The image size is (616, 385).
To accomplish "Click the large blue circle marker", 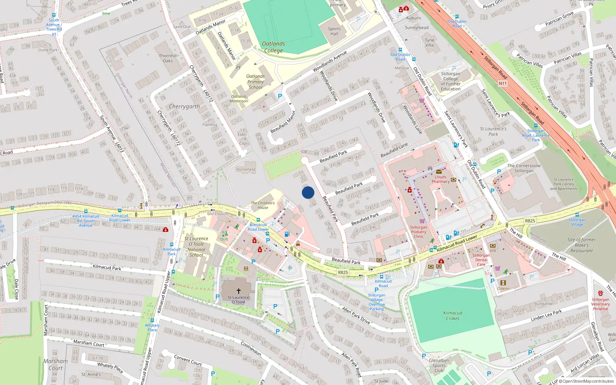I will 308,192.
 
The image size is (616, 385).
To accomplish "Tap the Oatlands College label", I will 273,47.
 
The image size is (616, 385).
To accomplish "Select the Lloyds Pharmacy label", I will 440,179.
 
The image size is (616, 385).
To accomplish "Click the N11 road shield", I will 502,83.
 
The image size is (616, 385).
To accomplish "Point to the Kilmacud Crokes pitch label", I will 452,316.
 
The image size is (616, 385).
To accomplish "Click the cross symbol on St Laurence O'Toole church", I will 239,291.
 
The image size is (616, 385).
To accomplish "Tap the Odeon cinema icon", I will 503,283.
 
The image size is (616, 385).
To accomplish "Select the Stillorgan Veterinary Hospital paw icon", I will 600,293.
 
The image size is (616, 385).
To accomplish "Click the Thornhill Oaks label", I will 168,58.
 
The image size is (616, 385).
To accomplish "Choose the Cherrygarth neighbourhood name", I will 184,106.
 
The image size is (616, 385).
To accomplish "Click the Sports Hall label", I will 334,31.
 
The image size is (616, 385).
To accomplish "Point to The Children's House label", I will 263,205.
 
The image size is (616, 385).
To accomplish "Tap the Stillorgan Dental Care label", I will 481,259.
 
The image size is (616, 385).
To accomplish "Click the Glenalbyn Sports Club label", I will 439,365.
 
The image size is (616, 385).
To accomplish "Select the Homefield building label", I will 246,169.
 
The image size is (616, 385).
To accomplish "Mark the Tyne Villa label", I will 429,42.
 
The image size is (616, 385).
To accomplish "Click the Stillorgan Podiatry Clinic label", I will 418,232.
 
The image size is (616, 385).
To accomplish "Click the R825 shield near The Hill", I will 530,221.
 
